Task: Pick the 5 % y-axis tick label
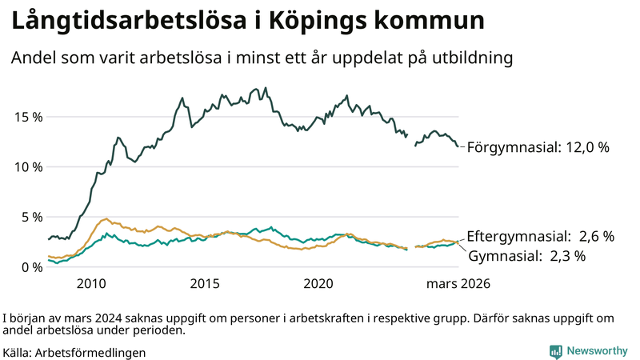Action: (30, 217)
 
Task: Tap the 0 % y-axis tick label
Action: (30, 267)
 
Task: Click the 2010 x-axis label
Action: (91, 284)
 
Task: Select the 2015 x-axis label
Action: (205, 284)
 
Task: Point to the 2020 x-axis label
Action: (318, 284)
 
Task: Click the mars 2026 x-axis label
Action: (458, 284)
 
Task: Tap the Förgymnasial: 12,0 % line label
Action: (538, 148)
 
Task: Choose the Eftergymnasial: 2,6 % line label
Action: (541, 236)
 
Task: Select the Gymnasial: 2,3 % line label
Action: (527, 256)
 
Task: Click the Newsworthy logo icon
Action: (555, 351)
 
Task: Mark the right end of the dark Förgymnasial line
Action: (458, 146)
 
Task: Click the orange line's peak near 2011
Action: (106, 218)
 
